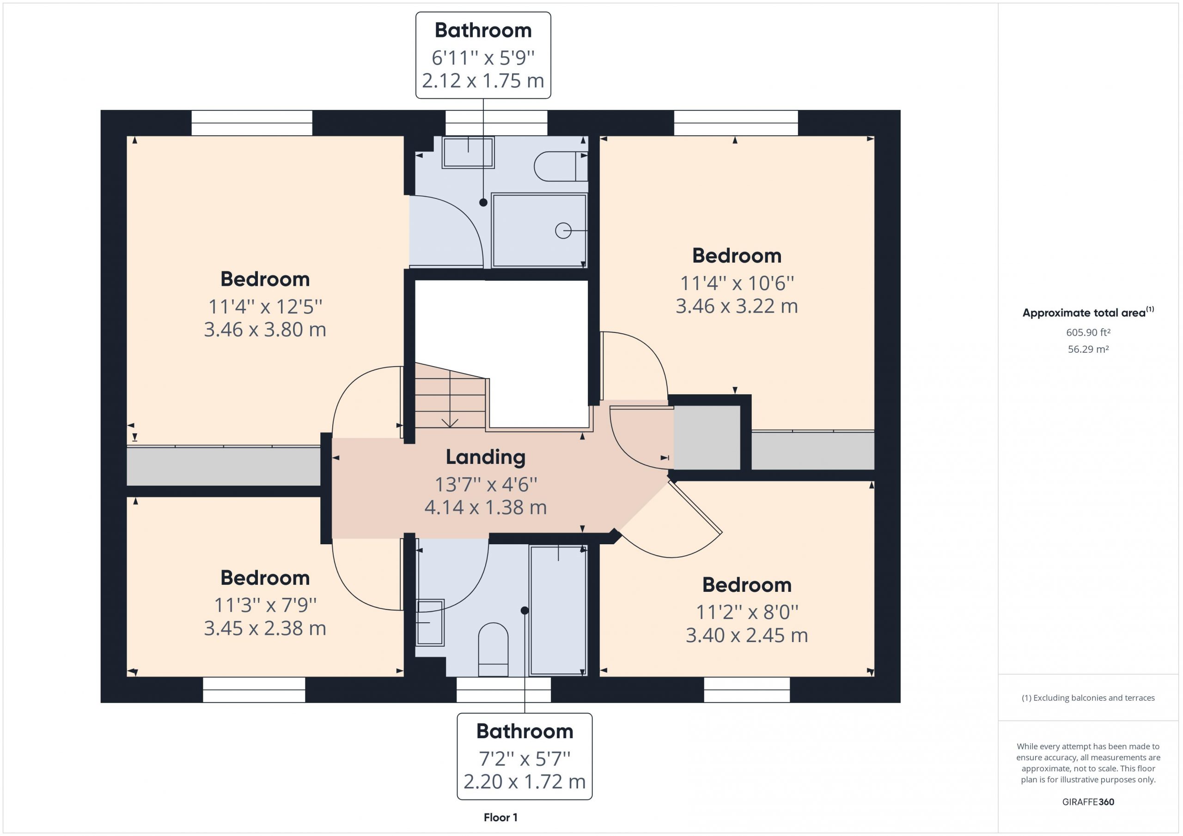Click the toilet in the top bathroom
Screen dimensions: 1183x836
561,166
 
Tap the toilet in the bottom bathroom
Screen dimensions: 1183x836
493,650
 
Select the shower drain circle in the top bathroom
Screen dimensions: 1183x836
563,231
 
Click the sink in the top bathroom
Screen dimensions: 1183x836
468,152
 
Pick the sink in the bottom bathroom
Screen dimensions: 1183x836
430,622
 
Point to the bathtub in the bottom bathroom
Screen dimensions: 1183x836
559,611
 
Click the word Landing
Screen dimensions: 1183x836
485,457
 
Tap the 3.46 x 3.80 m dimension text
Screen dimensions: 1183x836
265,330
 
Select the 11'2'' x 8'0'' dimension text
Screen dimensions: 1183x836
747,613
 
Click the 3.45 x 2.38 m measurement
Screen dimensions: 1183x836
265,628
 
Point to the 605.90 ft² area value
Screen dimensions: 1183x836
1088,332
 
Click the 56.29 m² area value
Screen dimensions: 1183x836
1088,349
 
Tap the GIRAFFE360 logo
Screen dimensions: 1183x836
1088,801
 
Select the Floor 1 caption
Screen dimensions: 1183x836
500,818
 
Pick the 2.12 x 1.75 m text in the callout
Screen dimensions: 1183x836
483,81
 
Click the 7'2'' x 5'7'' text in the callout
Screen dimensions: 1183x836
524,759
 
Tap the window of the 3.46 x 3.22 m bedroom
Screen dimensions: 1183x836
736,123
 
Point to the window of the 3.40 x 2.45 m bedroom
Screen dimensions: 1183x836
747,689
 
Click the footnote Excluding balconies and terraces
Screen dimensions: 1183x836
1088,698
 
